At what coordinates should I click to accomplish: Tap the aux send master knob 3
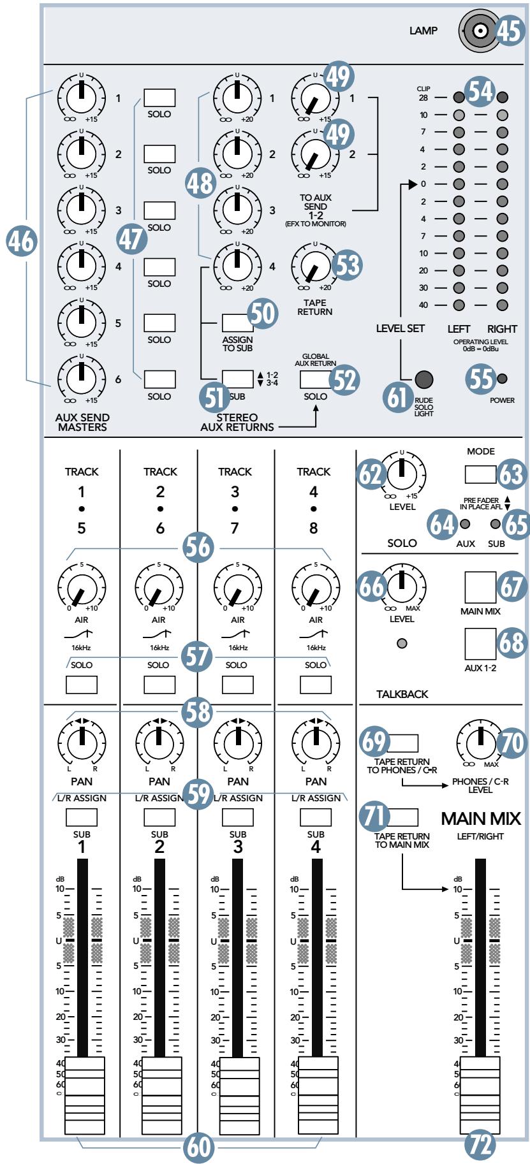coord(82,210)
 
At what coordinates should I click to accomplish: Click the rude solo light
coord(423,379)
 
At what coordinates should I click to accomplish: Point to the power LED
coord(503,379)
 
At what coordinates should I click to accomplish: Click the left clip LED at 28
coord(458,98)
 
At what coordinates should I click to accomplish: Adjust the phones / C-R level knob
coord(478,742)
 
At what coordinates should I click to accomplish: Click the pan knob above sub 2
coord(159,741)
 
